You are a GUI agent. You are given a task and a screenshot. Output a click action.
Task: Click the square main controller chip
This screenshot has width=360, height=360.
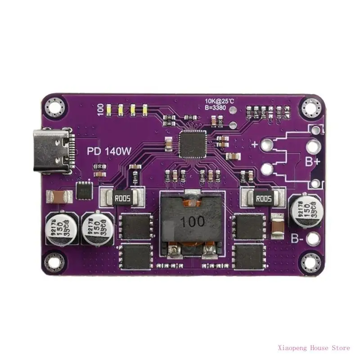tap(193, 144)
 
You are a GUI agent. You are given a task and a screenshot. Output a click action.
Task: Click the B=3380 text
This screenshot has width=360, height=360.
tap(216, 108)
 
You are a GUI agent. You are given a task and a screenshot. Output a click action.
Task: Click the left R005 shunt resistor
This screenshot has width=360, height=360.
tap(123, 198)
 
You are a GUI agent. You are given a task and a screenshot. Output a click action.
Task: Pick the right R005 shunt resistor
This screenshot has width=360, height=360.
tap(263, 198)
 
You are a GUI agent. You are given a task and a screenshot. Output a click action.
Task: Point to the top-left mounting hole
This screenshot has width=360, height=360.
tap(56, 107)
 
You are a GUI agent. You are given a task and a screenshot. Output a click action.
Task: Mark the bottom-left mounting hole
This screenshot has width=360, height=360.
tap(56, 262)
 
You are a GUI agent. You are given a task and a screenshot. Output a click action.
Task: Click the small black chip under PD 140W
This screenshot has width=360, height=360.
tap(84, 191)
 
